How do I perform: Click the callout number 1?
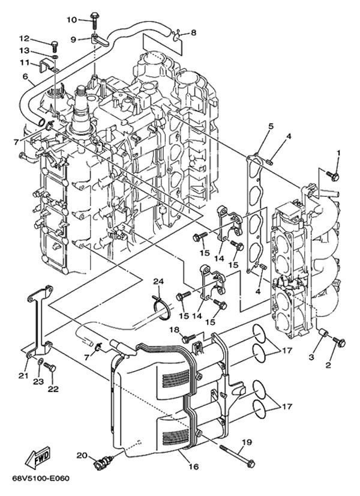[x=338, y=154]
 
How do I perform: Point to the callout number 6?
[x=25, y=76]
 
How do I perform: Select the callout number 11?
[x=25, y=62]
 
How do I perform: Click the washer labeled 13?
[x=56, y=56]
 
